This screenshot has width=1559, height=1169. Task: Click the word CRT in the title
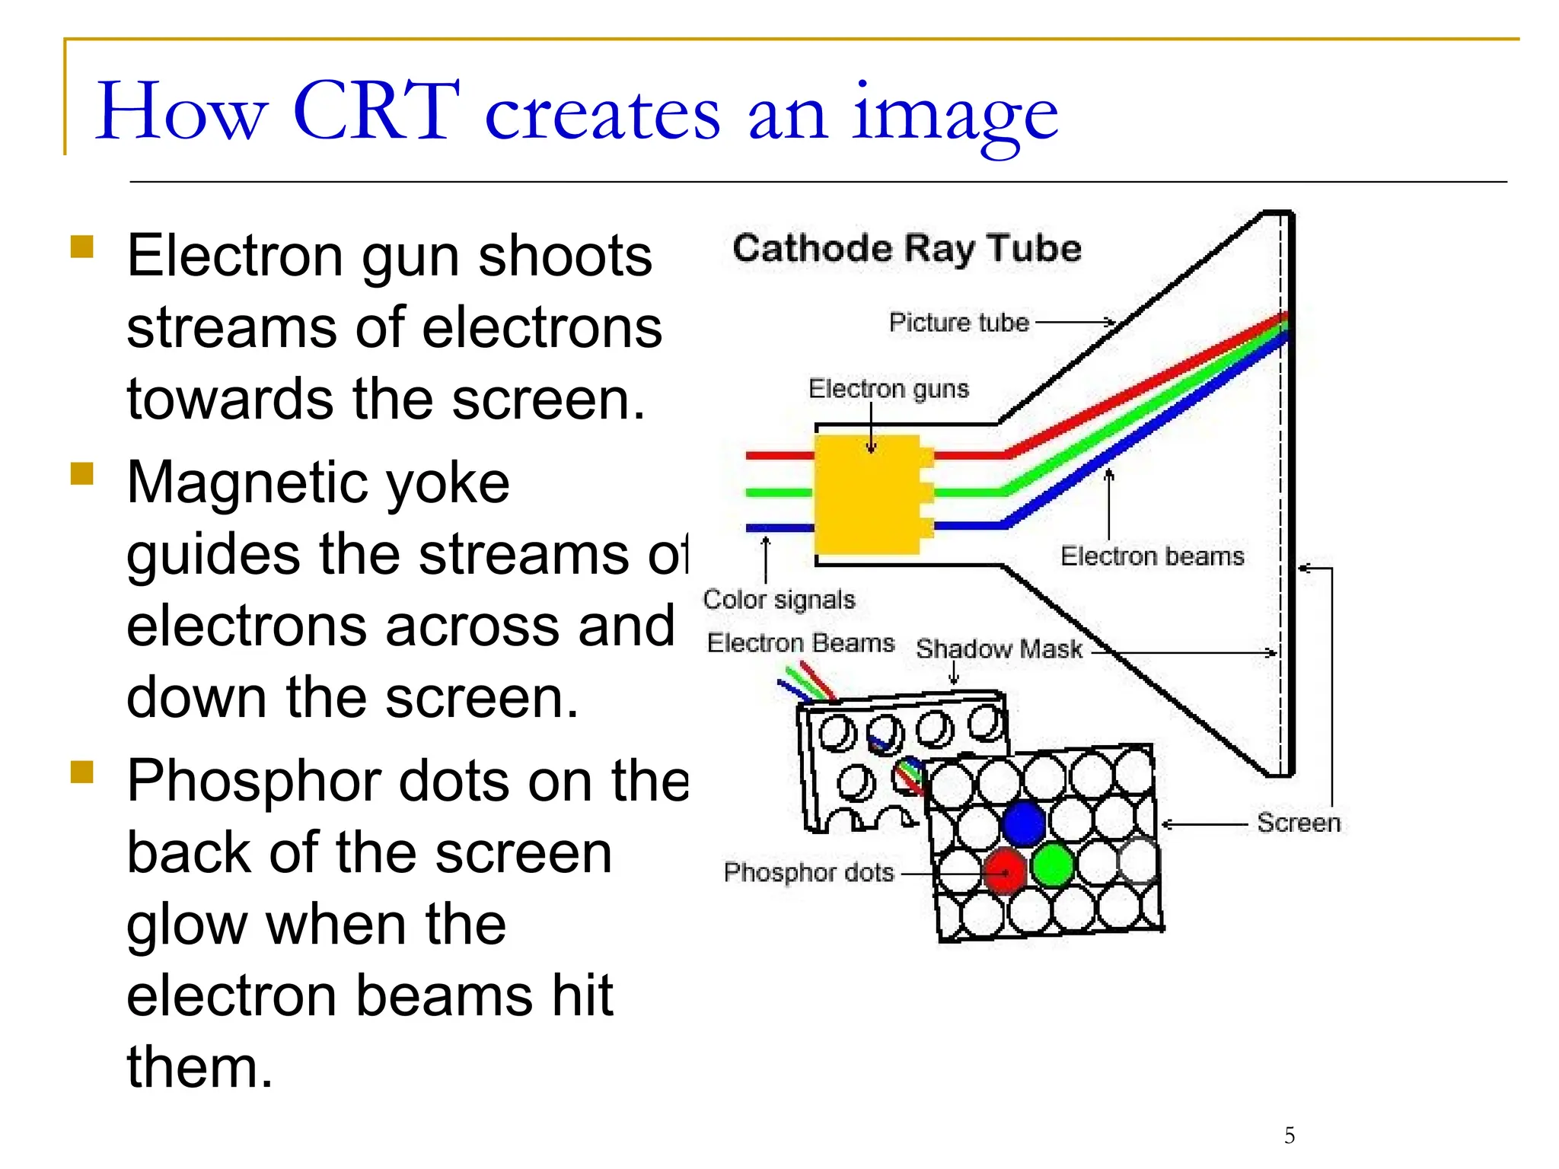click(x=376, y=112)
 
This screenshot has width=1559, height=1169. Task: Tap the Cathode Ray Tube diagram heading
click(x=906, y=249)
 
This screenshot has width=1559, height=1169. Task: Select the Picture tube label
click(x=958, y=323)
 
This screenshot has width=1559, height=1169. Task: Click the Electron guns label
click(x=888, y=389)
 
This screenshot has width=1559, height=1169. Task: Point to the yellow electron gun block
click(x=868, y=495)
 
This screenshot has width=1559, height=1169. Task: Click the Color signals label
click(x=779, y=600)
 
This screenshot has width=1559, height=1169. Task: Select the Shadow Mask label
click(x=999, y=649)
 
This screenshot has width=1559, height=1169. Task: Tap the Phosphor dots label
click(x=808, y=872)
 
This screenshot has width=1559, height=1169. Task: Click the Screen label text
click(x=1299, y=823)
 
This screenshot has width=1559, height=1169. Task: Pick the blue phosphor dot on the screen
click(x=1024, y=823)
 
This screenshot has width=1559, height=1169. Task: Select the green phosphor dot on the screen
click(x=1053, y=865)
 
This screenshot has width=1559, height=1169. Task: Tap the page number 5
click(x=1290, y=1136)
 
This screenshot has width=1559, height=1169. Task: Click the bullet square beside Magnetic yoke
click(x=81, y=473)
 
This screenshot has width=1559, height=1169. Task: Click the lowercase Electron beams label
click(x=1152, y=556)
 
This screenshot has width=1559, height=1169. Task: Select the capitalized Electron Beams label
click(x=800, y=643)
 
